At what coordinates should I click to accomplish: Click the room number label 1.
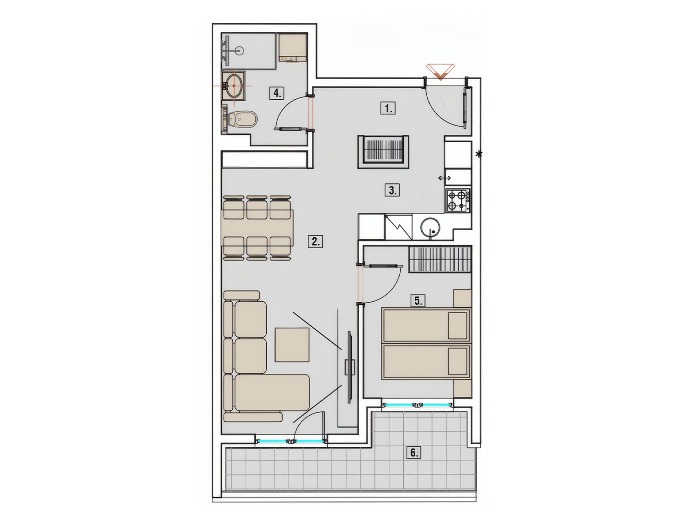point(388,108)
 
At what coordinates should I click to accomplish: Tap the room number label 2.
point(316,241)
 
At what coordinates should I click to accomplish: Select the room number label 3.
point(392,190)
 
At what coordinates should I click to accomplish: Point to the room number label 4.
point(277,93)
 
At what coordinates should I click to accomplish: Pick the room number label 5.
point(418,300)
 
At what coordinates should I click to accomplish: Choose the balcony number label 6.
point(414,452)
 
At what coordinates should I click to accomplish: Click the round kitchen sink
point(430,227)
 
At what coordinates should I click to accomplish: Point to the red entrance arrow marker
point(441,71)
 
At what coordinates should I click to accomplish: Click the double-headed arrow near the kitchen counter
point(445,178)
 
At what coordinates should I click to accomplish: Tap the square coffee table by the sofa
point(292,345)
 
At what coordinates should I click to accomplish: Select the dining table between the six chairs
point(257,228)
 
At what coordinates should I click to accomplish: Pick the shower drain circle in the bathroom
point(239,49)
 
